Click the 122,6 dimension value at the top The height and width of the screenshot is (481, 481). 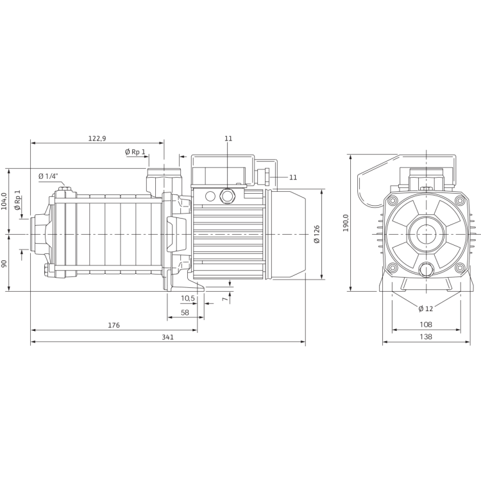coord(96,138)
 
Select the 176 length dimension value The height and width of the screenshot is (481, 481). coord(113,326)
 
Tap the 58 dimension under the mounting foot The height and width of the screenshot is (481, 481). coord(185,312)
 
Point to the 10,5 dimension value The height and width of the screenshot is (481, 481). coord(187,298)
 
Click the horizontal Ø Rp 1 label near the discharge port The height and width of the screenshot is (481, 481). coord(135,151)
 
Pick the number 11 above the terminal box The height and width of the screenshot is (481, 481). coord(228,139)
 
